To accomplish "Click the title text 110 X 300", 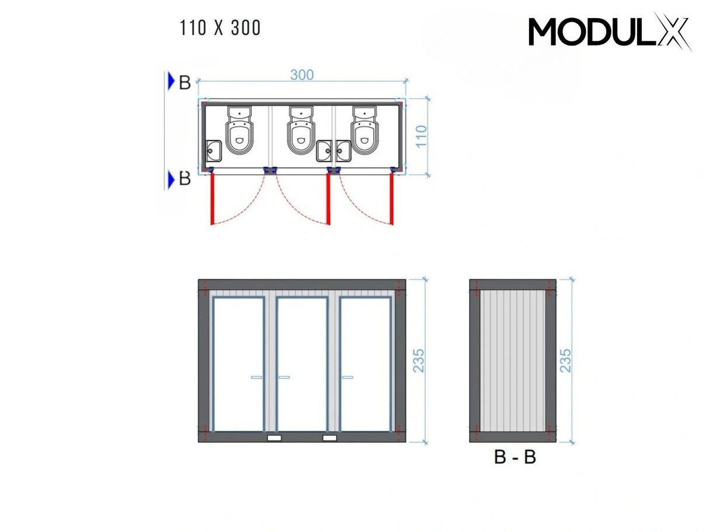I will tap(221, 28).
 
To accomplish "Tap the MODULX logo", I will tap(610, 32).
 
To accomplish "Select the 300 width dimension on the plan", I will tap(301, 75).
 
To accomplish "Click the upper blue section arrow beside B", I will tap(171, 82).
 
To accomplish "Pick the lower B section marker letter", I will tap(185, 179).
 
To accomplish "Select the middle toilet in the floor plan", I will tap(301, 132).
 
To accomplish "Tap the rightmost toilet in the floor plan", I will tap(364, 132).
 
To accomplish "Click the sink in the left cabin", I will tap(213, 151).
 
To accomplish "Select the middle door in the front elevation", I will tap(301, 365).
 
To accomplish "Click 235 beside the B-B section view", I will tap(565, 361).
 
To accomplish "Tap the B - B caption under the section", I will tap(515, 457).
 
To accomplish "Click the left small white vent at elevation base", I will tap(274, 437).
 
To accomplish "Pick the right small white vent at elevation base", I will tap(330, 437).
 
